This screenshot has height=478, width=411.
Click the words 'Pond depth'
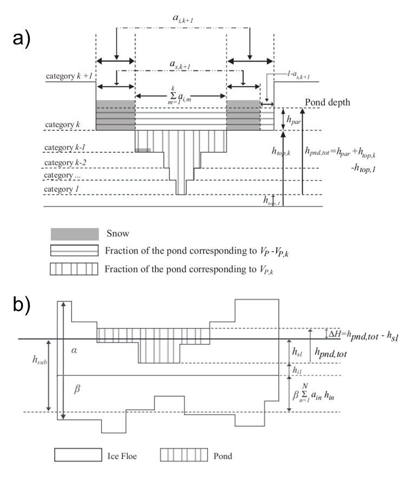pos(324,103)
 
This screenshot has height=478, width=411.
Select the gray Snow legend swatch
pos(75,234)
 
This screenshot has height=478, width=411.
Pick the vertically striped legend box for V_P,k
pos(75,269)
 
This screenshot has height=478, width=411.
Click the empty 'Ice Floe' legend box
pos(78,455)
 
